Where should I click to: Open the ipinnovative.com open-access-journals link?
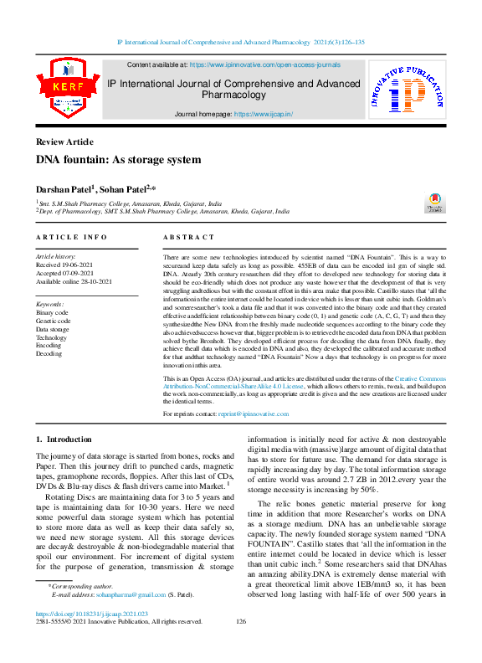[264, 64]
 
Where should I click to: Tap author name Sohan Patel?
[125, 190]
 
